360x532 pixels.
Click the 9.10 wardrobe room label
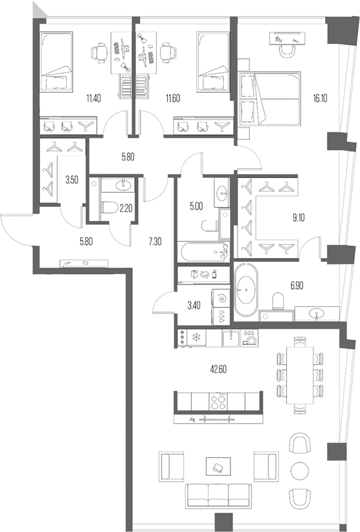299,218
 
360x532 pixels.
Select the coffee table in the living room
217,465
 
